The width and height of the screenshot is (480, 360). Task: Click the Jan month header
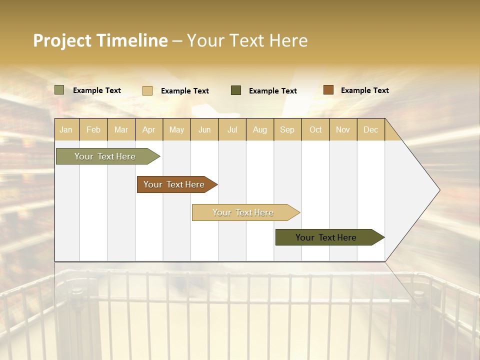(66, 129)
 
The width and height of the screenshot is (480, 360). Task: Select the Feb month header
(93, 129)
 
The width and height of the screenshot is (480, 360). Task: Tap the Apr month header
(149, 129)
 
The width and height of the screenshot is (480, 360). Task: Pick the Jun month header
(204, 129)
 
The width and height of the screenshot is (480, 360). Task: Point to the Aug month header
(260, 129)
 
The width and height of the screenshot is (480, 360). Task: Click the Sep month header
(287, 129)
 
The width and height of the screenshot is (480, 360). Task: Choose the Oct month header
(315, 129)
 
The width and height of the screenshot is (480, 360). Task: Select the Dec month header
(371, 129)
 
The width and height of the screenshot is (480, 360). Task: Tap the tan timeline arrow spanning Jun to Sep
(243, 212)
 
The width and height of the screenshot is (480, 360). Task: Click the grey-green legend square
(59, 90)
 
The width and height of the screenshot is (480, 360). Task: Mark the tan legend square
(147, 90)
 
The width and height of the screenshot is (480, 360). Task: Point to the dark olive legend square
(236, 90)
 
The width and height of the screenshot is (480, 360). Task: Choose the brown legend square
(328, 90)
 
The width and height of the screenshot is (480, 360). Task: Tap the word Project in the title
(62, 40)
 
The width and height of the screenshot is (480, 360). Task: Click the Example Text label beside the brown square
(365, 90)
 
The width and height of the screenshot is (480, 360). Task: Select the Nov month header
(343, 129)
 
